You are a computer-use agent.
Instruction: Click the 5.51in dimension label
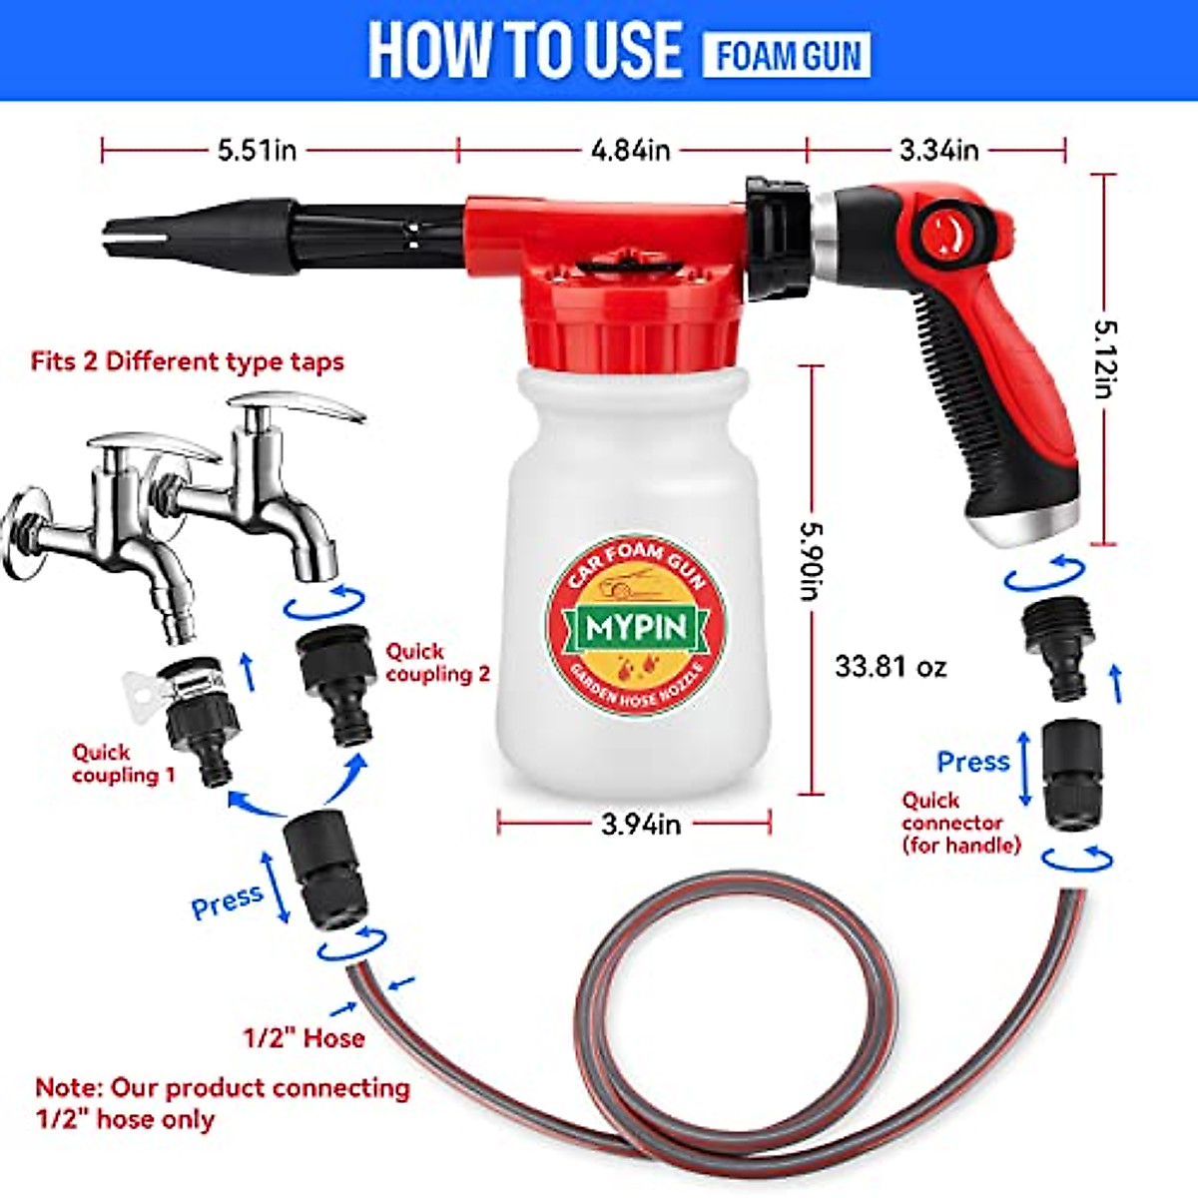tap(258, 151)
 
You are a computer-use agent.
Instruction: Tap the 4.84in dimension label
tap(630, 151)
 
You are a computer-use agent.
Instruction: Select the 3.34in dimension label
tap(938, 151)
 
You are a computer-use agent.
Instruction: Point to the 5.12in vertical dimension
tap(1103, 358)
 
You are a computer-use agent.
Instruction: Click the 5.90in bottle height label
tap(811, 564)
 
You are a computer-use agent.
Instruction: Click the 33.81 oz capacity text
tap(891, 666)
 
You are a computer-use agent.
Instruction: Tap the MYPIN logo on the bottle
tap(636, 628)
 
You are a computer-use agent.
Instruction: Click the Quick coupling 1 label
tap(123, 764)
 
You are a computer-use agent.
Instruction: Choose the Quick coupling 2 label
tap(438, 663)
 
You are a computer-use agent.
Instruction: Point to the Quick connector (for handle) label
tap(959, 823)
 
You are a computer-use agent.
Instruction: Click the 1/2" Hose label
tap(303, 1038)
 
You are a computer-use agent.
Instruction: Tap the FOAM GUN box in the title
tap(787, 56)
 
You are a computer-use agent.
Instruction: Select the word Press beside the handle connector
tap(972, 762)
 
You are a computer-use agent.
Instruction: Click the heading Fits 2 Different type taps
tap(187, 360)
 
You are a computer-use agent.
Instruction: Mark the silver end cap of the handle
tap(1038, 524)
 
